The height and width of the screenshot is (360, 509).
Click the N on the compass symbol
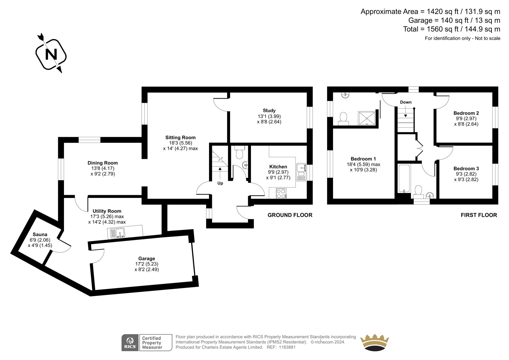pyautogui.click(x=51, y=54)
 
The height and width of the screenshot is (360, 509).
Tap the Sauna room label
pyautogui.click(x=40, y=235)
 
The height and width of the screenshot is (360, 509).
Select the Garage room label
pyautogui.click(x=147, y=258)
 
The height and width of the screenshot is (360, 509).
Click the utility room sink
pyautogui.click(x=117, y=233)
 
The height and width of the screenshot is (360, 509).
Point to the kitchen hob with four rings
pyautogui.click(x=281, y=194)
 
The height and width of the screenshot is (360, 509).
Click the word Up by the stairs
pyautogui.click(x=220, y=183)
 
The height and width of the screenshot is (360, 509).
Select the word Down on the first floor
pyautogui.click(x=406, y=102)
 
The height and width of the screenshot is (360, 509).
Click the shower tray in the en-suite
pyautogui.click(x=366, y=118)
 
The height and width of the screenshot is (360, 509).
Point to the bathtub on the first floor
pyautogui.click(x=404, y=179)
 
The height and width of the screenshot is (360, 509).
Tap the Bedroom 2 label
pyautogui.click(x=466, y=113)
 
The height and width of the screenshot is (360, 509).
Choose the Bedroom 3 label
pyautogui.click(x=466, y=168)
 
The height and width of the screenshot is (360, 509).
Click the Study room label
pyautogui.click(x=269, y=110)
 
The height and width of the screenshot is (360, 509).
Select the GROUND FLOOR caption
pyautogui.click(x=290, y=215)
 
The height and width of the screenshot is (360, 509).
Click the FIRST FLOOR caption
pyautogui.click(x=479, y=215)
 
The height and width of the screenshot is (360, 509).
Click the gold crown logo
pyautogui.click(x=374, y=342)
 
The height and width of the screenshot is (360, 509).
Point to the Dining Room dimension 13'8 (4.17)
pyautogui.click(x=103, y=168)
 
